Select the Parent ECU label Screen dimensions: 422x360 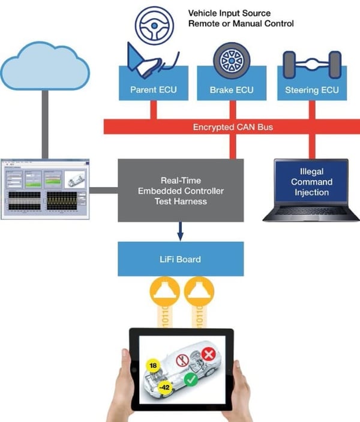click(153, 91)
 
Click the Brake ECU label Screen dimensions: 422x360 click(232, 91)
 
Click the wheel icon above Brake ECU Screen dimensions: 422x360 click(231, 60)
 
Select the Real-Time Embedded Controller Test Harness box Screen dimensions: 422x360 click(180, 190)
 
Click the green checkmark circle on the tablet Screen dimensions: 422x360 click(191, 379)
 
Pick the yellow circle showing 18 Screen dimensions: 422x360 click(152, 366)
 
